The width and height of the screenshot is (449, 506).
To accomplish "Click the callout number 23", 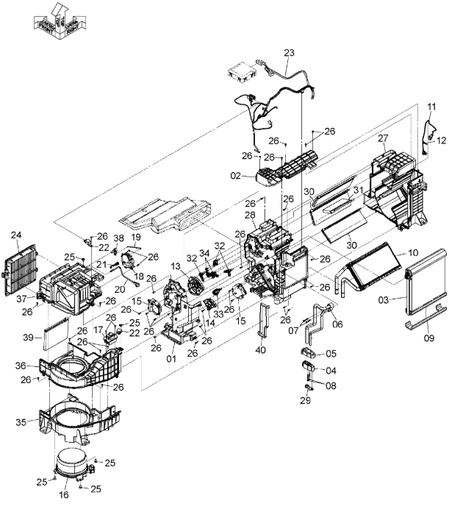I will (289, 52).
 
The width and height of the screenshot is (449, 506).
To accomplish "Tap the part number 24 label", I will (15, 236).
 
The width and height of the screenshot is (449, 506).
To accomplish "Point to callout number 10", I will (413, 252).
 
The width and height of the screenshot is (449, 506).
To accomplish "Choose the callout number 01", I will (171, 359).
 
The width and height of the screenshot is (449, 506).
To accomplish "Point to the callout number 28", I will (251, 215).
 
